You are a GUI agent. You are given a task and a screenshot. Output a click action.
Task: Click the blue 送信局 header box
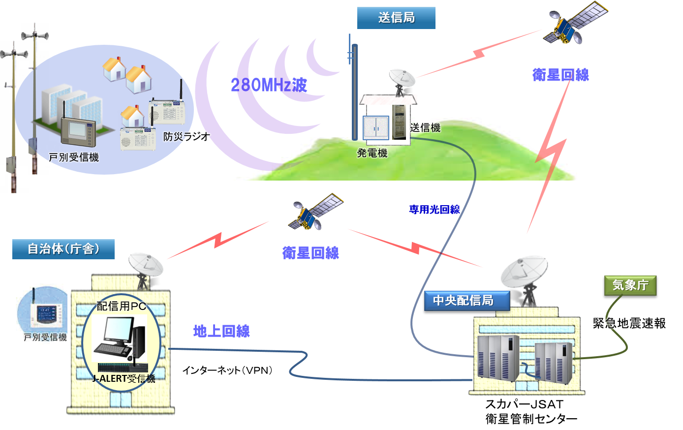(396, 18)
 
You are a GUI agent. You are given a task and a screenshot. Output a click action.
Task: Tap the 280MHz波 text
(269, 85)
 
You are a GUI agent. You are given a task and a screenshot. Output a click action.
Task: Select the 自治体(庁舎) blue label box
(63, 249)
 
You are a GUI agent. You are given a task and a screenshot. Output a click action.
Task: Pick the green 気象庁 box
(630, 285)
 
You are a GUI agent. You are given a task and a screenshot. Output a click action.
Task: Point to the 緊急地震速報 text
(629, 323)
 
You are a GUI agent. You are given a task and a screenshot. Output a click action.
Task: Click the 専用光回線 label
(434, 210)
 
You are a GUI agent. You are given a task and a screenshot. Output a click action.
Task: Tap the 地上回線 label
(221, 331)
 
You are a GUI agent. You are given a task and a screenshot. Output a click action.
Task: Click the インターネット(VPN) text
(227, 370)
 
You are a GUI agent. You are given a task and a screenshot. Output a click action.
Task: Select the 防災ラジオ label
(186, 136)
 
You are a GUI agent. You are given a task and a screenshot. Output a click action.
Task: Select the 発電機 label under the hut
(372, 153)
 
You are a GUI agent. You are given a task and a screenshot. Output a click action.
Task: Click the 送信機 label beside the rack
(425, 128)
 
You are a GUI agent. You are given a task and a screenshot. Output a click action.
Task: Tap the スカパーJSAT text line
(524, 404)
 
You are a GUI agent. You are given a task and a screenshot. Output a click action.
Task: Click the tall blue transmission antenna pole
(354, 91)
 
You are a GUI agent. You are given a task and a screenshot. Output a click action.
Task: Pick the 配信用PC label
(121, 307)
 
